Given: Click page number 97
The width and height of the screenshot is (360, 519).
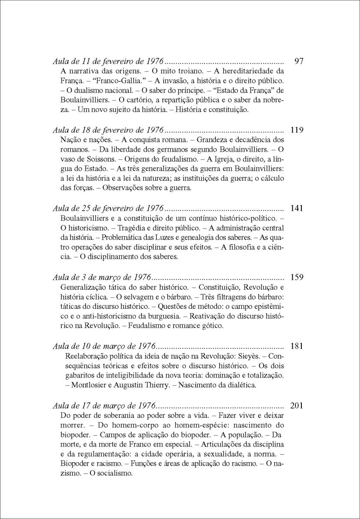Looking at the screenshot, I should pyautogui.click(x=298, y=61).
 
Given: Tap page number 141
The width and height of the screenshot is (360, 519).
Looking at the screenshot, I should pyautogui.click(x=297, y=208).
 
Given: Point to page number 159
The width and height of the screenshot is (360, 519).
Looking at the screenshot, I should pyautogui.click(x=297, y=278).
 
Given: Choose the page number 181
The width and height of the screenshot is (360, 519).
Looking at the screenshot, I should pyautogui.click(x=297, y=347).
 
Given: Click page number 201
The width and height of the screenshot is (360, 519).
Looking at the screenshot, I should pyautogui.click(x=297, y=407).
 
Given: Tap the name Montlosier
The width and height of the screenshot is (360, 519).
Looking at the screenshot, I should pyautogui.click(x=90, y=385).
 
